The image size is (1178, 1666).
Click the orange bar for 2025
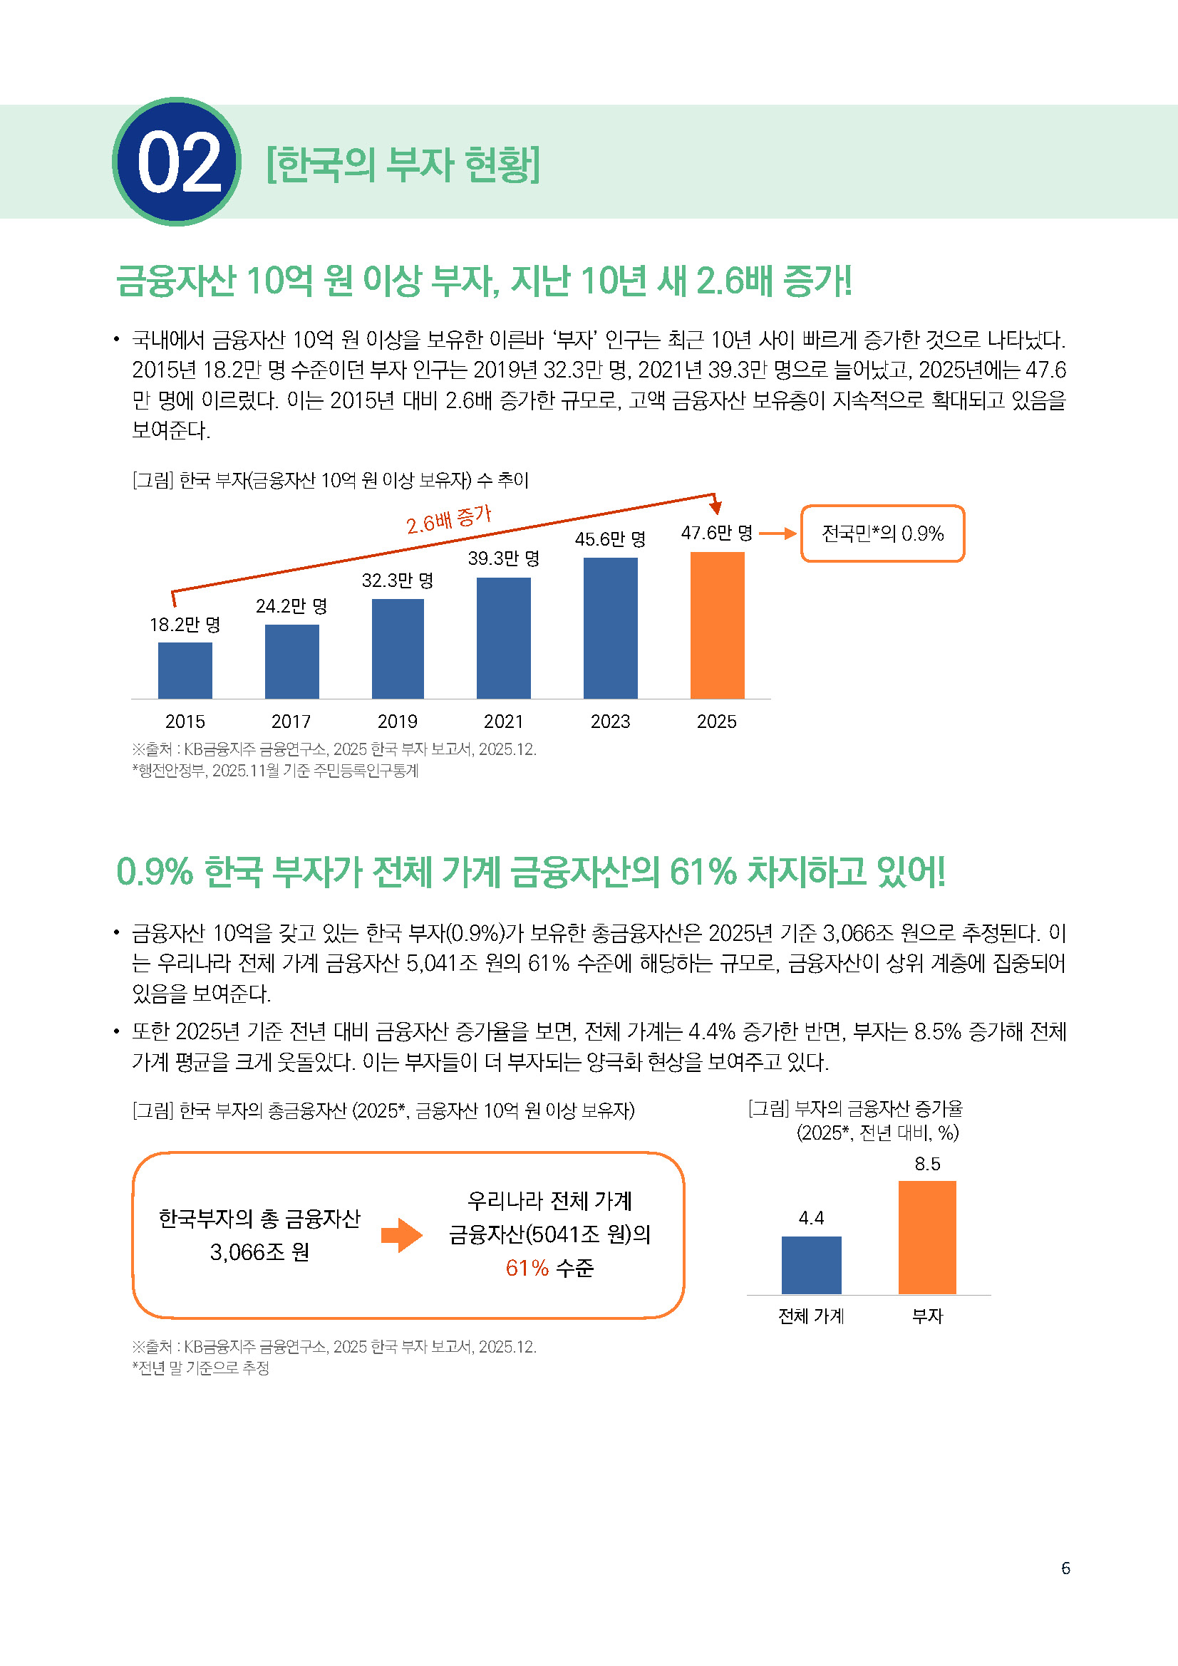click(x=717, y=625)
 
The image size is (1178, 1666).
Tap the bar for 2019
click(x=398, y=648)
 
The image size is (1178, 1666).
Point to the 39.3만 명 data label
click(x=503, y=558)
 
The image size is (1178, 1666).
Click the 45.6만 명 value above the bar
click(x=610, y=539)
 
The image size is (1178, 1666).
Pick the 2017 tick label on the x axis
click(x=291, y=722)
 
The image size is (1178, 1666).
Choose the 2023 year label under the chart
click(x=610, y=722)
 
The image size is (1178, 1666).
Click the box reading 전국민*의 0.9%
click(x=882, y=533)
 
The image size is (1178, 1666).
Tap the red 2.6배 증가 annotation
click(x=448, y=519)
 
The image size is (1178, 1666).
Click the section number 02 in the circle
click(x=178, y=162)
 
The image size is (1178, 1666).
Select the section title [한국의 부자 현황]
click(x=403, y=165)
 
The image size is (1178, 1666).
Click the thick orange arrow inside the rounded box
click(x=401, y=1235)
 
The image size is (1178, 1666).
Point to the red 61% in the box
click(x=527, y=1268)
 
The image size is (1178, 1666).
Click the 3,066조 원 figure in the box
click(x=259, y=1251)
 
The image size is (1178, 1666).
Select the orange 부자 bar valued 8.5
click(x=927, y=1237)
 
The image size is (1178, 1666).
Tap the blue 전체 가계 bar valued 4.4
click(x=811, y=1265)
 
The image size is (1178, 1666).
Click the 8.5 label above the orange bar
click(x=927, y=1164)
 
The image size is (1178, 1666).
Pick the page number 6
click(x=1065, y=1568)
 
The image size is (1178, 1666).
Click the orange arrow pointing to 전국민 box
click(x=777, y=533)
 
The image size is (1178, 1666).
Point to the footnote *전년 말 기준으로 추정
click(x=201, y=1368)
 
